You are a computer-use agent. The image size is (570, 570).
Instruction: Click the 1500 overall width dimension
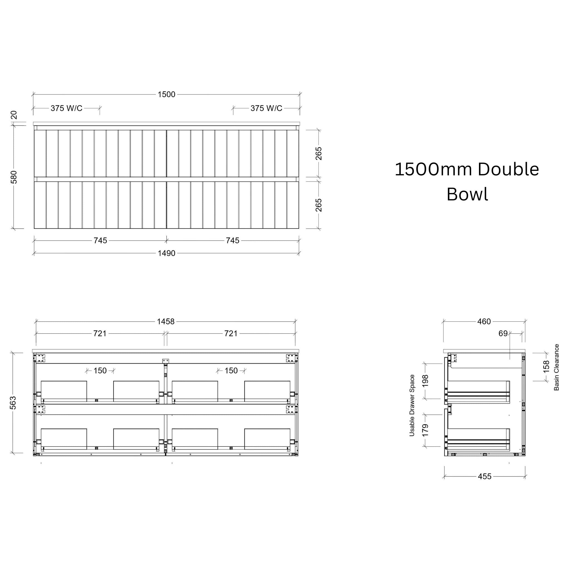pyautogui.click(x=166, y=94)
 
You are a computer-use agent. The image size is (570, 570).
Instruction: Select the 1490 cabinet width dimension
pyautogui.click(x=166, y=253)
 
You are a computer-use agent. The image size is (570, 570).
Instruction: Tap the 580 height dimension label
pyautogui.click(x=14, y=177)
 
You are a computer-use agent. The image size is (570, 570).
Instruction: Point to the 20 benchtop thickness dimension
pyautogui.click(x=14, y=115)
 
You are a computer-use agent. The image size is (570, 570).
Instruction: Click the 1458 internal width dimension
pyautogui.click(x=166, y=321)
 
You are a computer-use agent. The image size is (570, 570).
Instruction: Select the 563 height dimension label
pyautogui.click(x=13, y=403)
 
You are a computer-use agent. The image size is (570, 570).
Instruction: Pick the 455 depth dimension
pyautogui.click(x=485, y=476)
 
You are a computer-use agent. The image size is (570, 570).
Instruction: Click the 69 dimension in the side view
pyautogui.click(x=503, y=333)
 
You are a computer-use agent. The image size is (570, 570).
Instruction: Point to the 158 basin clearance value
pyautogui.click(x=546, y=367)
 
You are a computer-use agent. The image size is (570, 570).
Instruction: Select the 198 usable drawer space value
pyautogui.click(x=425, y=381)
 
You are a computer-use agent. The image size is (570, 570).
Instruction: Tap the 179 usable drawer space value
pyautogui.click(x=425, y=431)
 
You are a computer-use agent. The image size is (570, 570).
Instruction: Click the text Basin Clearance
pyautogui.click(x=556, y=367)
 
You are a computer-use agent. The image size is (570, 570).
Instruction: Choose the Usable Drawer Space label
pyautogui.click(x=412, y=405)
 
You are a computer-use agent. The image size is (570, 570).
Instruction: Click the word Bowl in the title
pyautogui.click(x=467, y=194)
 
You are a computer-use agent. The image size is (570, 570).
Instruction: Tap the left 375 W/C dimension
pyautogui.click(x=67, y=108)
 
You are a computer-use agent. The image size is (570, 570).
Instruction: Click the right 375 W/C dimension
pyautogui.click(x=266, y=108)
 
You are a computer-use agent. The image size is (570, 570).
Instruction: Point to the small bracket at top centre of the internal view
pyautogui.click(x=166, y=361)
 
